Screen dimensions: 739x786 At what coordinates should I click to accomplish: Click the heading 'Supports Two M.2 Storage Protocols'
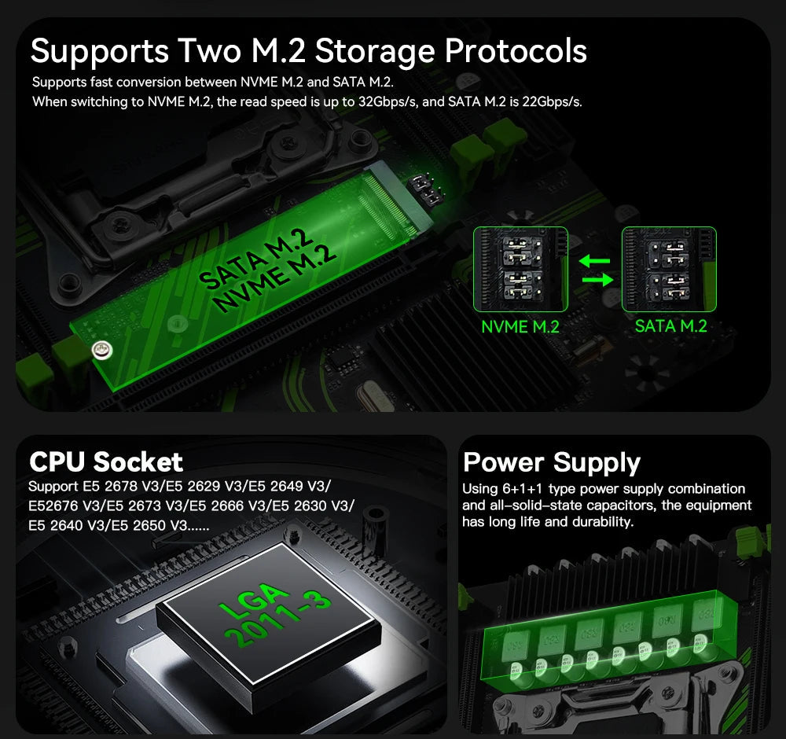[308, 51]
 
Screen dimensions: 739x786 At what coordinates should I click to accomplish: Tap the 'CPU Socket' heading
[105, 461]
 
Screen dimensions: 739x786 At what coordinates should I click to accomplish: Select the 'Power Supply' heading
[552, 461]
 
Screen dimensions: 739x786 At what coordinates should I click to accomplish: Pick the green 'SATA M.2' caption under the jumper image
[670, 325]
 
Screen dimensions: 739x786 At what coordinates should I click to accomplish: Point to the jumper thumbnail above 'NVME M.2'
[520, 269]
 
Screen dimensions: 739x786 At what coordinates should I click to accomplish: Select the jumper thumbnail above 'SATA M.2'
[669, 269]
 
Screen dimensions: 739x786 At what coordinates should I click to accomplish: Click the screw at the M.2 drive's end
[100, 350]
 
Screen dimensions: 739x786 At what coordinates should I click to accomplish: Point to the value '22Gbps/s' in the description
[551, 102]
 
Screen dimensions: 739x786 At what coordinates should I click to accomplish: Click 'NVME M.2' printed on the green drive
[276, 275]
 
